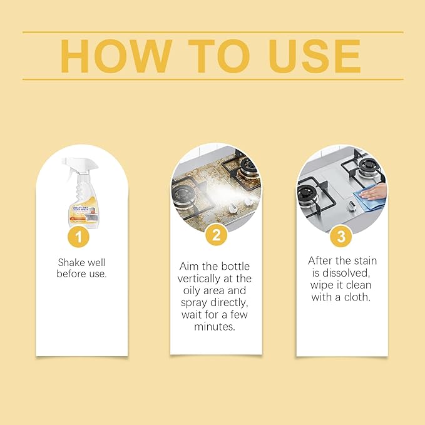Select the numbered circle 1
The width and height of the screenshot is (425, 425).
(x=79, y=236)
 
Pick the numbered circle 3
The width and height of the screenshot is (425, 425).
(x=341, y=236)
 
